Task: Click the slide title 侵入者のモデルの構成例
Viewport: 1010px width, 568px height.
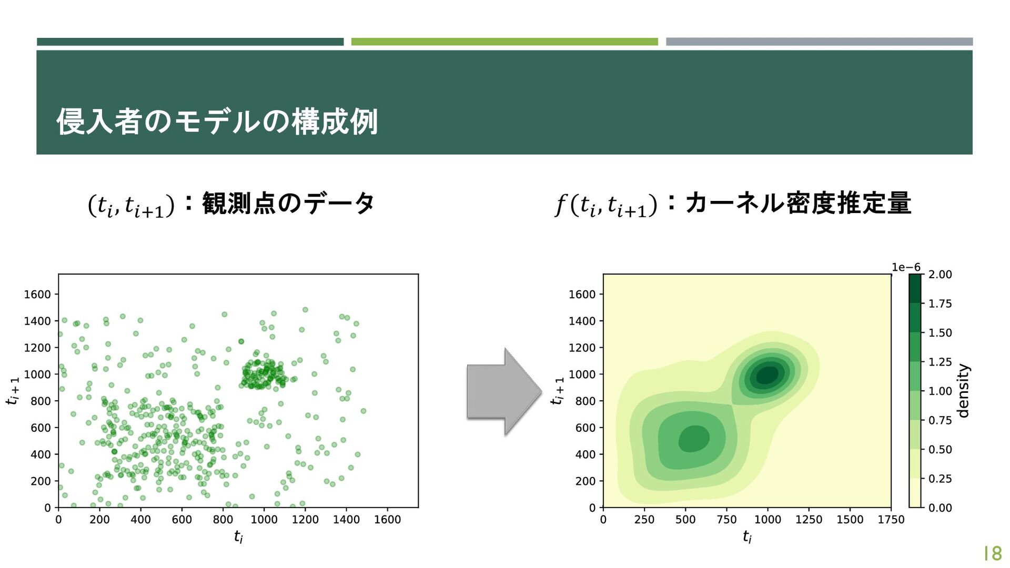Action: point(217,121)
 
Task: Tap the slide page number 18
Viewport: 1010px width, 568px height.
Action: point(993,553)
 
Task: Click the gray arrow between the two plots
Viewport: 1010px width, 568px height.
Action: point(504,392)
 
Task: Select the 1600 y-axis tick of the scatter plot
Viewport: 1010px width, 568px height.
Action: point(37,295)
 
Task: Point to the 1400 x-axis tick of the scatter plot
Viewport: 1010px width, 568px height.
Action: point(346,520)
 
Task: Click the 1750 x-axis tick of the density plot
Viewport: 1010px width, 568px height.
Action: point(891,520)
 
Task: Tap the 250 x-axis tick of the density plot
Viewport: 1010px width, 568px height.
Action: point(644,520)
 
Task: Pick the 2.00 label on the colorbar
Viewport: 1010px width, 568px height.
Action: point(940,275)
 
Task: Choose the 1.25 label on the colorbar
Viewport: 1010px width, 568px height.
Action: point(940,362)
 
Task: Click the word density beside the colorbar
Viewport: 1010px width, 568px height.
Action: point(963,391)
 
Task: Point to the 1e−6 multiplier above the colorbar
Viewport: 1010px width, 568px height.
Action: point(906,267)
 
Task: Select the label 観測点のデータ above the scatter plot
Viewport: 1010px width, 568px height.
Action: point(288,204)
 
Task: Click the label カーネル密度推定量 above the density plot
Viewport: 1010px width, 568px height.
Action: point(798,204)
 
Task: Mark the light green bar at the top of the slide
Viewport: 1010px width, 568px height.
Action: point(504,42)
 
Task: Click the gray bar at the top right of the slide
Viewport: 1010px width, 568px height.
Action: point(819,42)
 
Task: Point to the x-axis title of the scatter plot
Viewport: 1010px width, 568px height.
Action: point(238,536)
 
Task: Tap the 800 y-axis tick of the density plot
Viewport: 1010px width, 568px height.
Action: point(585,401)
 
